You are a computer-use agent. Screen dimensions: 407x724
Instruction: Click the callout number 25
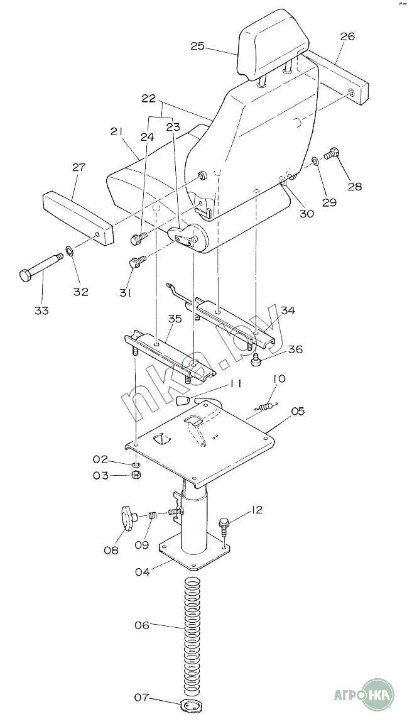[x=197, y=46]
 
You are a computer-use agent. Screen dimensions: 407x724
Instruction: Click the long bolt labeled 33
[x=41, y=267]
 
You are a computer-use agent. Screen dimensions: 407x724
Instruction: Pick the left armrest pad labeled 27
[x=78, y=217]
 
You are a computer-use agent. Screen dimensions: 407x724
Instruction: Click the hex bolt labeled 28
[x=332, y=153]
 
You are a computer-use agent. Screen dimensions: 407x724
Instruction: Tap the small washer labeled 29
[x=315, y=161]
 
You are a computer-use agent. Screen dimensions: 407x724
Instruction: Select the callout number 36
[x=295, y=349]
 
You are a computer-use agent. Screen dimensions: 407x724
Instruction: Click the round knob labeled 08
[x=127, y=518]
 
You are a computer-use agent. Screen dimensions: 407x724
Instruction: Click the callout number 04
[x=143, y=572]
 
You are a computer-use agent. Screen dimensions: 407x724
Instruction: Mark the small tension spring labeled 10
[x=267, y=407]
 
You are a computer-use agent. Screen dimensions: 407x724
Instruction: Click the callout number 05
[x=298, y=411]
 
